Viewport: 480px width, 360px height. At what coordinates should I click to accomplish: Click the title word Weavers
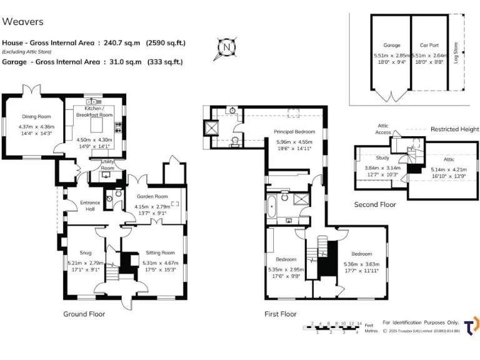pyautogui.click(x=23, y=22)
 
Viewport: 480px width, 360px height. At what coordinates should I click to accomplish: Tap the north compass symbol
pyautogui.click(x=227, y=46)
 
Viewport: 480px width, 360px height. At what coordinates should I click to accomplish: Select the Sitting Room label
pyautogui.click(x=159, y=252)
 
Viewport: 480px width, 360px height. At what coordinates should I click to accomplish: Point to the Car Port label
pyautogui.click(x=428, y=45)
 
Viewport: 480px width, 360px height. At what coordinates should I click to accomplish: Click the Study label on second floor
pyautogui.click(x=382, y=158)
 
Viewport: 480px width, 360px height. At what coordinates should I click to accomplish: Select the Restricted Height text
pyautogui.click(x=454, y=129)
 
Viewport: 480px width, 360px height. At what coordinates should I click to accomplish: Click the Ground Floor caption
pyautogui.click(x=84, y=314)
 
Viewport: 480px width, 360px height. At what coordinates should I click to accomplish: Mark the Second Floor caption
pyautogui.click(x=375, y=204)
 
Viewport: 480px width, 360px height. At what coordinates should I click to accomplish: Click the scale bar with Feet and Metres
pyautogui.click(x=336, y=327)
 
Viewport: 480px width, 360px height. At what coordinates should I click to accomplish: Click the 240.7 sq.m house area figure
pyautogui.click(x=122, y=43)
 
